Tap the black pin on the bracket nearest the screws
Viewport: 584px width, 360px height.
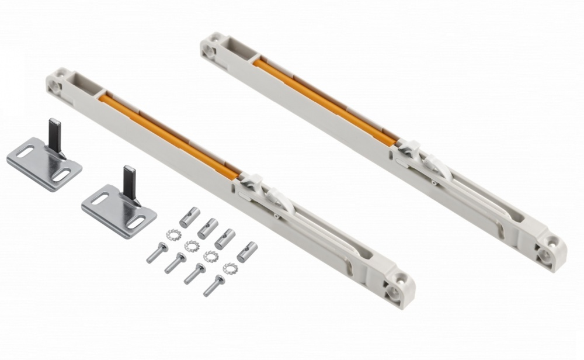(x=130, y=181)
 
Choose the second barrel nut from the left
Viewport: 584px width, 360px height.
(x=208, y=229)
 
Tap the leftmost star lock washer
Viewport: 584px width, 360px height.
(x=173, y=235)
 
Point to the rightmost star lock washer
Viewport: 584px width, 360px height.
(x=231, y=268)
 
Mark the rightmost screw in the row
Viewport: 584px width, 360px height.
(x=214, y=285)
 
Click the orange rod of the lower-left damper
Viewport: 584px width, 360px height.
(x=169, y=135)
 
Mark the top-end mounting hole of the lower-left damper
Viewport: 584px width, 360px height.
(x=56, y=85)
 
